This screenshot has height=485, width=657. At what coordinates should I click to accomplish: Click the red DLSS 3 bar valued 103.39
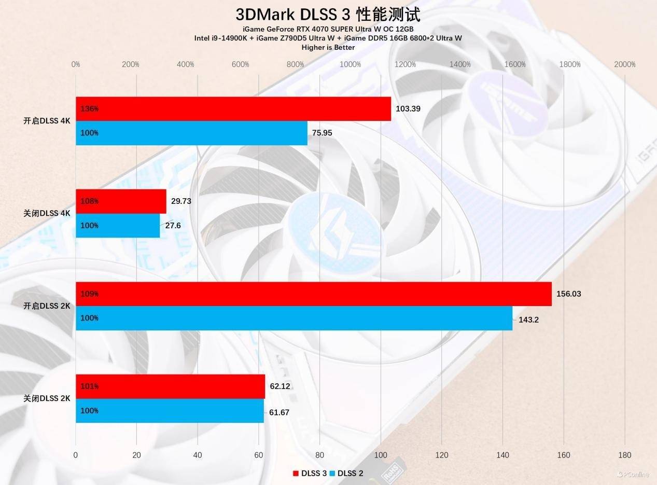[233, 109]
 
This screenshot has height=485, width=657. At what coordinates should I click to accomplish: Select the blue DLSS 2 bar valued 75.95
[192, 133]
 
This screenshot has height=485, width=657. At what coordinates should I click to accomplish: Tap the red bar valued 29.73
[121, 201]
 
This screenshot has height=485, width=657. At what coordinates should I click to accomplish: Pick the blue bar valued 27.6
[118, 226]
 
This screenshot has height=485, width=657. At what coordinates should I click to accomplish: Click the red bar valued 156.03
[314, 294]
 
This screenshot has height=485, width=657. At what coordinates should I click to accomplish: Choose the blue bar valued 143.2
[294, 318]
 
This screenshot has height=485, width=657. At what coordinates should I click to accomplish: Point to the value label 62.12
[279, 386]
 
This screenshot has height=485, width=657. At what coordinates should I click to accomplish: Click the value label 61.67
[279, 412]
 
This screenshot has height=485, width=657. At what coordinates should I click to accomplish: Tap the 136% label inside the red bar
[90, 109]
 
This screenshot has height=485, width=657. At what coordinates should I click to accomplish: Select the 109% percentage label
[90, 294]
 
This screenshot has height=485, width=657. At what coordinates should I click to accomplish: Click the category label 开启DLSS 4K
[47, 121]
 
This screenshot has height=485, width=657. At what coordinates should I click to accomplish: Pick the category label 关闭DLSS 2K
[47, 398]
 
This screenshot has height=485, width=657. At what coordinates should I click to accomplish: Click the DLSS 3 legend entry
[310, 473]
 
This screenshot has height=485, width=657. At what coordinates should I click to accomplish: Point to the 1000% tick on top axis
[351, 64]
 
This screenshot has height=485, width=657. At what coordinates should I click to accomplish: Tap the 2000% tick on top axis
[624, 64]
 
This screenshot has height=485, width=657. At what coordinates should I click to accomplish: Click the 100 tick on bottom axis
[381, 455]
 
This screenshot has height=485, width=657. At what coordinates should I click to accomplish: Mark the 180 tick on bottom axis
[624, 455]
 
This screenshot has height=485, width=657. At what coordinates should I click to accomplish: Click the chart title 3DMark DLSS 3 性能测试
[328, 14]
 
